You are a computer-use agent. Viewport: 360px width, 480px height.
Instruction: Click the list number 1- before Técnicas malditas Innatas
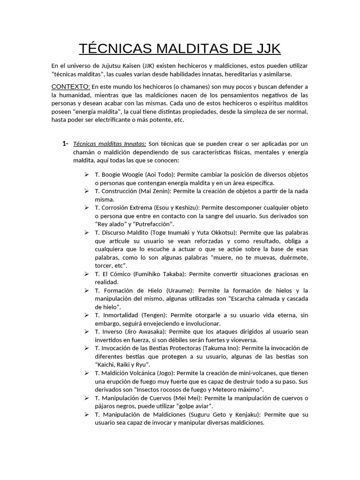point(65,143)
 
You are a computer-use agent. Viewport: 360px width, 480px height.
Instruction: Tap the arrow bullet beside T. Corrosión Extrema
point(87,207)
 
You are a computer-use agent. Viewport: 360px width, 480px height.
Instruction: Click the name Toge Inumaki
point(175,232)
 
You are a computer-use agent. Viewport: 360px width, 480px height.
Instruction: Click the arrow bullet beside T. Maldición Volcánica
point(87,373)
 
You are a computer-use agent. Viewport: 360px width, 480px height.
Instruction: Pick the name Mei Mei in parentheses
point(175,398)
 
